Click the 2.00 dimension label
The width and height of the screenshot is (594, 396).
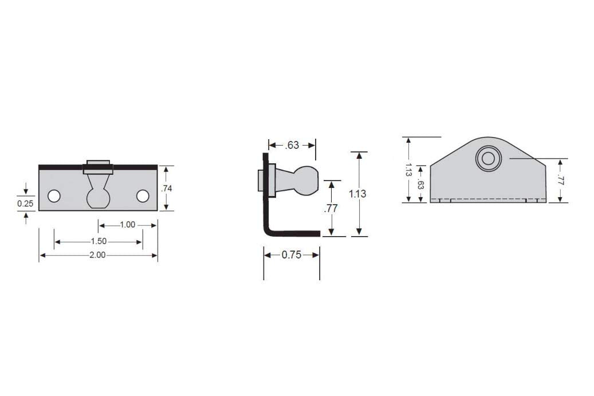click(97, 255)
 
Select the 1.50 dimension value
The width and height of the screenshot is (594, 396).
click(99, 241)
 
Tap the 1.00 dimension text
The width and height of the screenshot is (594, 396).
click(128, 225)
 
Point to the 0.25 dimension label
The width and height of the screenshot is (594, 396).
click(25, 203)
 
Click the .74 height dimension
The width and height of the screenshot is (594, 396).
click(167, 189)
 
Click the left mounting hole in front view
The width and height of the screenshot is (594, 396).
click(54, 196)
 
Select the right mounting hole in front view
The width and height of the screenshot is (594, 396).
click(143, 196)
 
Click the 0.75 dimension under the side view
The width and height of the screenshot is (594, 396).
click(292, 254)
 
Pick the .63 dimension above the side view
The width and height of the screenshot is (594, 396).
click(292, 145)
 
